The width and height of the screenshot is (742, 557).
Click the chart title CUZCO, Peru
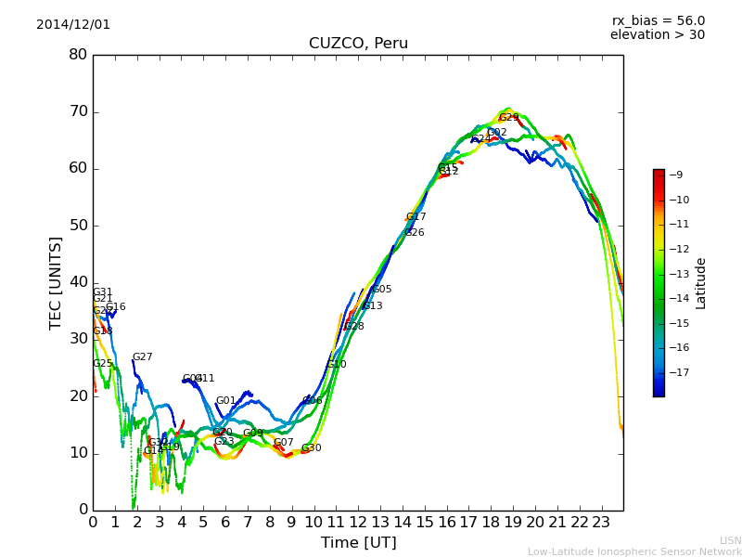pyautogui.click(x=358, y=44)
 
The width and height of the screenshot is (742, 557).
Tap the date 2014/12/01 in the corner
pyautogui.click(x=73, y=25)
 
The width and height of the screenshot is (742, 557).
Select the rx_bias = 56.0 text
pyautogui.click(x=658, y=21)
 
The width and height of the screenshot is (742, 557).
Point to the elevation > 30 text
pyautogui.click(x=657, y=35)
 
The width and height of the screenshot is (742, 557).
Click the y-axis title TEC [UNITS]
pyautogui.click(x=56, y=282)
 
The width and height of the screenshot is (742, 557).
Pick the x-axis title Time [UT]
pyautogui.click(x=358, y=542)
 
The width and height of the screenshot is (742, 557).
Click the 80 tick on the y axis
pyautogui.click(x=78, y=55)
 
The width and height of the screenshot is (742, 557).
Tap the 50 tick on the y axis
pyautogui.click(x=78, y=226)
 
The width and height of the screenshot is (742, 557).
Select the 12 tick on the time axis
pyautogui.click(x=358, y=523)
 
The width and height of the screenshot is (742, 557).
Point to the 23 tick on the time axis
pyautogui.click(x=601, y=523)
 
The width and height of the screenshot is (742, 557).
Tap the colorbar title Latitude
pyautogui.click(x=701, y=283)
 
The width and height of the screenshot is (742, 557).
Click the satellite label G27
pyautogui.click(x=142, y=357)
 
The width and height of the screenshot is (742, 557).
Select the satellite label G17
pyautogui.click(x=416, y=217)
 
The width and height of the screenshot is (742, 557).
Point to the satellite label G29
pyautogui.click(x=509, y=118)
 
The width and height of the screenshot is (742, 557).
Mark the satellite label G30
pyautogui.click(x=311, y=448)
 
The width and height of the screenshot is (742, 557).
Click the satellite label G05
pyautogui.click(x=381, y=290)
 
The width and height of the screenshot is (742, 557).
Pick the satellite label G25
pyautogui.click(x=102, y=364)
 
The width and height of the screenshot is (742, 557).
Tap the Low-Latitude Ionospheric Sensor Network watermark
pyautogui.click(x=634, y=551)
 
